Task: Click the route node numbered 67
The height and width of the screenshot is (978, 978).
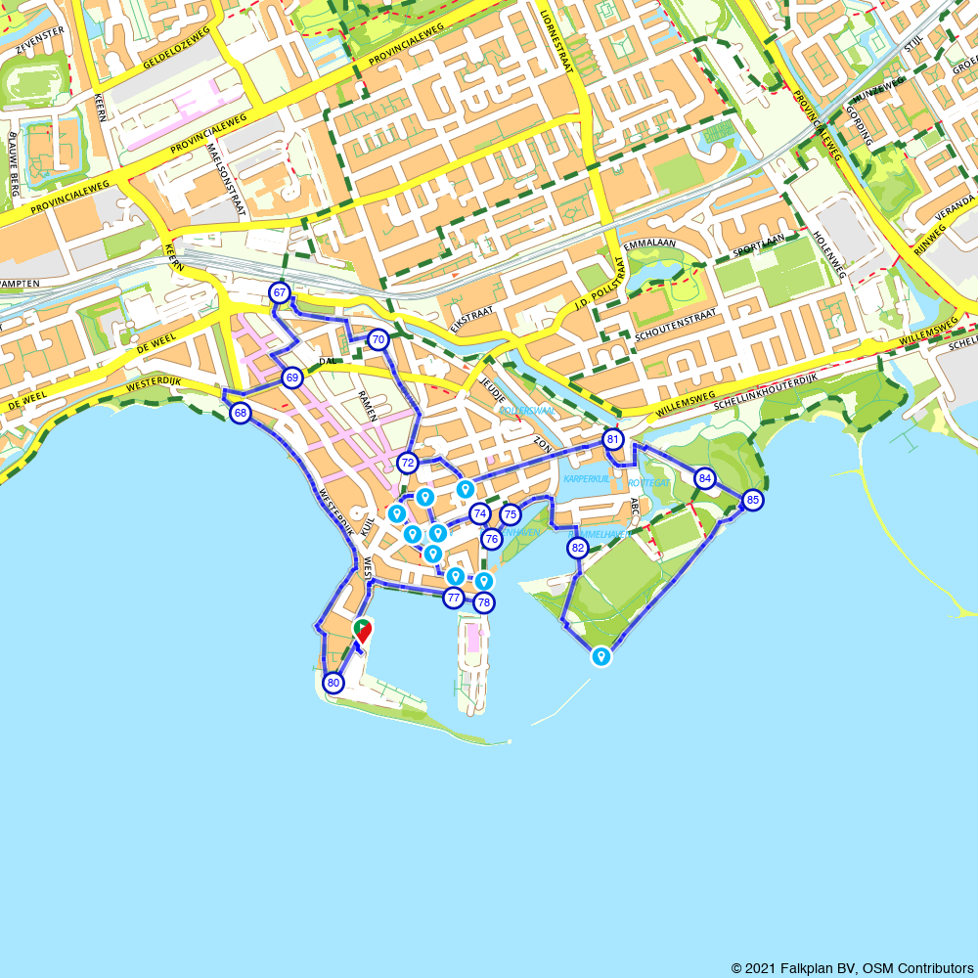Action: [280, 292]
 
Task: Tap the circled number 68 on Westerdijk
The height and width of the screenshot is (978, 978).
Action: [241, 414]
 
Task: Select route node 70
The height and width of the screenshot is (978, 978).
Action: [378, 340]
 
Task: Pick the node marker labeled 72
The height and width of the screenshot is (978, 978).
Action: [408, 463]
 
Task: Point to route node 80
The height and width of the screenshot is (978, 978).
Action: [333, 683]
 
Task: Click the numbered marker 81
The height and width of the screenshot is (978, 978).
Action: [612, 439]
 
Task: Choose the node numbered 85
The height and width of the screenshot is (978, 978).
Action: [752, 500]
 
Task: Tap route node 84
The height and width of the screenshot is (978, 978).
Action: [705, 478]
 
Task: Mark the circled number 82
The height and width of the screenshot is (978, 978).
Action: [578, 548]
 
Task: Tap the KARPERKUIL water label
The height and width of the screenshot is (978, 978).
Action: [587, 479]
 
